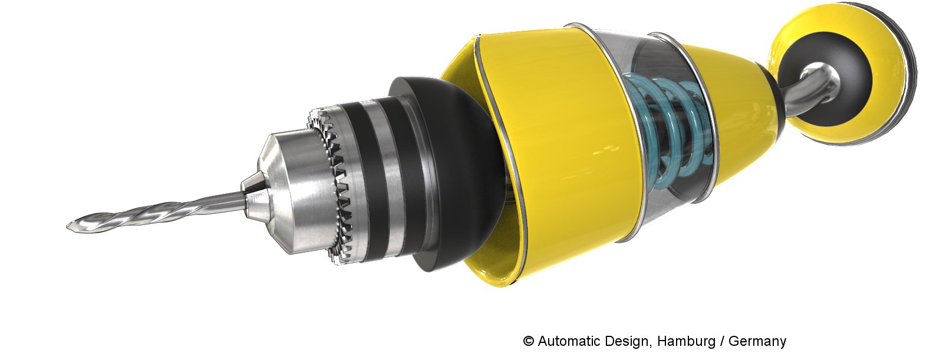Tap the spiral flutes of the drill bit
[x=139, y=214]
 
